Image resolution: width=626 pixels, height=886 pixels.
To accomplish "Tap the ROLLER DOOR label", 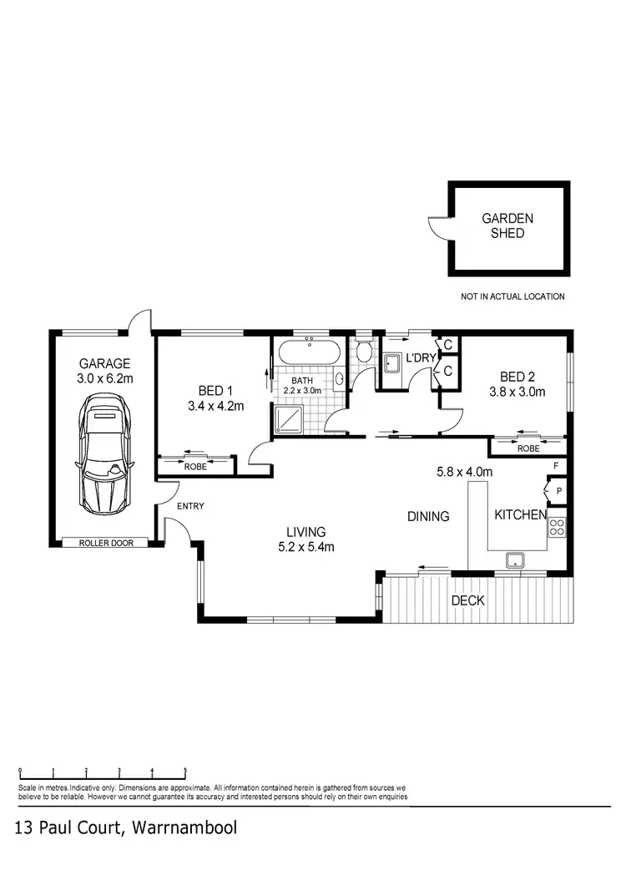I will point(104,544).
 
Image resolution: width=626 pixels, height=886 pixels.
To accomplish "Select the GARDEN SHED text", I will point(507,226).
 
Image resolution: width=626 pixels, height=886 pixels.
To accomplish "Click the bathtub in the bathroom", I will point(308,352).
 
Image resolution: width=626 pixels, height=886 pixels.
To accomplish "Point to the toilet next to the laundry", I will point(364,351).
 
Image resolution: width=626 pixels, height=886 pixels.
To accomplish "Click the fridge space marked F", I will point(557,465).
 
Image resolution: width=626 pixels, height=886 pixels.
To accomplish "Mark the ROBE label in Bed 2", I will point(528,448).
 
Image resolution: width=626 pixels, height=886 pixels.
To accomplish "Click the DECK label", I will point(467,600).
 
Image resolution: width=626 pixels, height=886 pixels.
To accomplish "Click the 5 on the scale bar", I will point(185,771).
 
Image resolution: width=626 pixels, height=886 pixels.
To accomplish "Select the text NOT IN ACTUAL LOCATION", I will point(512,296).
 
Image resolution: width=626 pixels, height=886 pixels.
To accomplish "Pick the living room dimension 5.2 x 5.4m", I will point(305,548).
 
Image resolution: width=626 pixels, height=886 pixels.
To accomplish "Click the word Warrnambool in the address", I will point(183,828).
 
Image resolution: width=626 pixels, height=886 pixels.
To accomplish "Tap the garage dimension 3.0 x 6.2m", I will point(105,378).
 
